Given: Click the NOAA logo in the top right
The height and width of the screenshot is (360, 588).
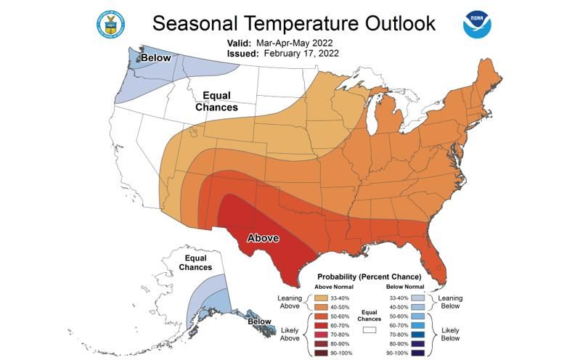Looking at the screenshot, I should [477, 24].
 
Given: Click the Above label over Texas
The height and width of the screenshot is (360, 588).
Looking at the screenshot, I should [264, 237].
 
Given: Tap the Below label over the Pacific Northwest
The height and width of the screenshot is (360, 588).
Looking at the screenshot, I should [155, 57].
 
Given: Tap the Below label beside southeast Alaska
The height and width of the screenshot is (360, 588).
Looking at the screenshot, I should [259, 321].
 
